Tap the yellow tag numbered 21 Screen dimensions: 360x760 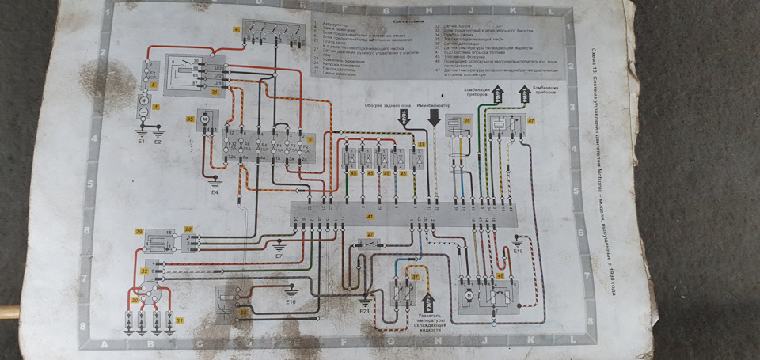(215, 93)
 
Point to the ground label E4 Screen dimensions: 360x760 (215, 192)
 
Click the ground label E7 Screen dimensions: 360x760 (279, 257)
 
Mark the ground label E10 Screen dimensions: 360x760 (291, 302)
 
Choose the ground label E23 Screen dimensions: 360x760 (364, 312)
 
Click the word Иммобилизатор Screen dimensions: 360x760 (434, 105)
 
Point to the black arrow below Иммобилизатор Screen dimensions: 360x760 (434, 119)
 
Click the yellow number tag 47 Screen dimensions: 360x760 (531, 121)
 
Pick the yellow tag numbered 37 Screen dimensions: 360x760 (414, 276)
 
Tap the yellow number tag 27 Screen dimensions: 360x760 (370, 235)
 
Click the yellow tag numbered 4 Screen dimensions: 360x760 (236, 29)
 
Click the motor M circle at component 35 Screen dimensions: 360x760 (203, 119)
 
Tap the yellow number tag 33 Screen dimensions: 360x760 (421, 145)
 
